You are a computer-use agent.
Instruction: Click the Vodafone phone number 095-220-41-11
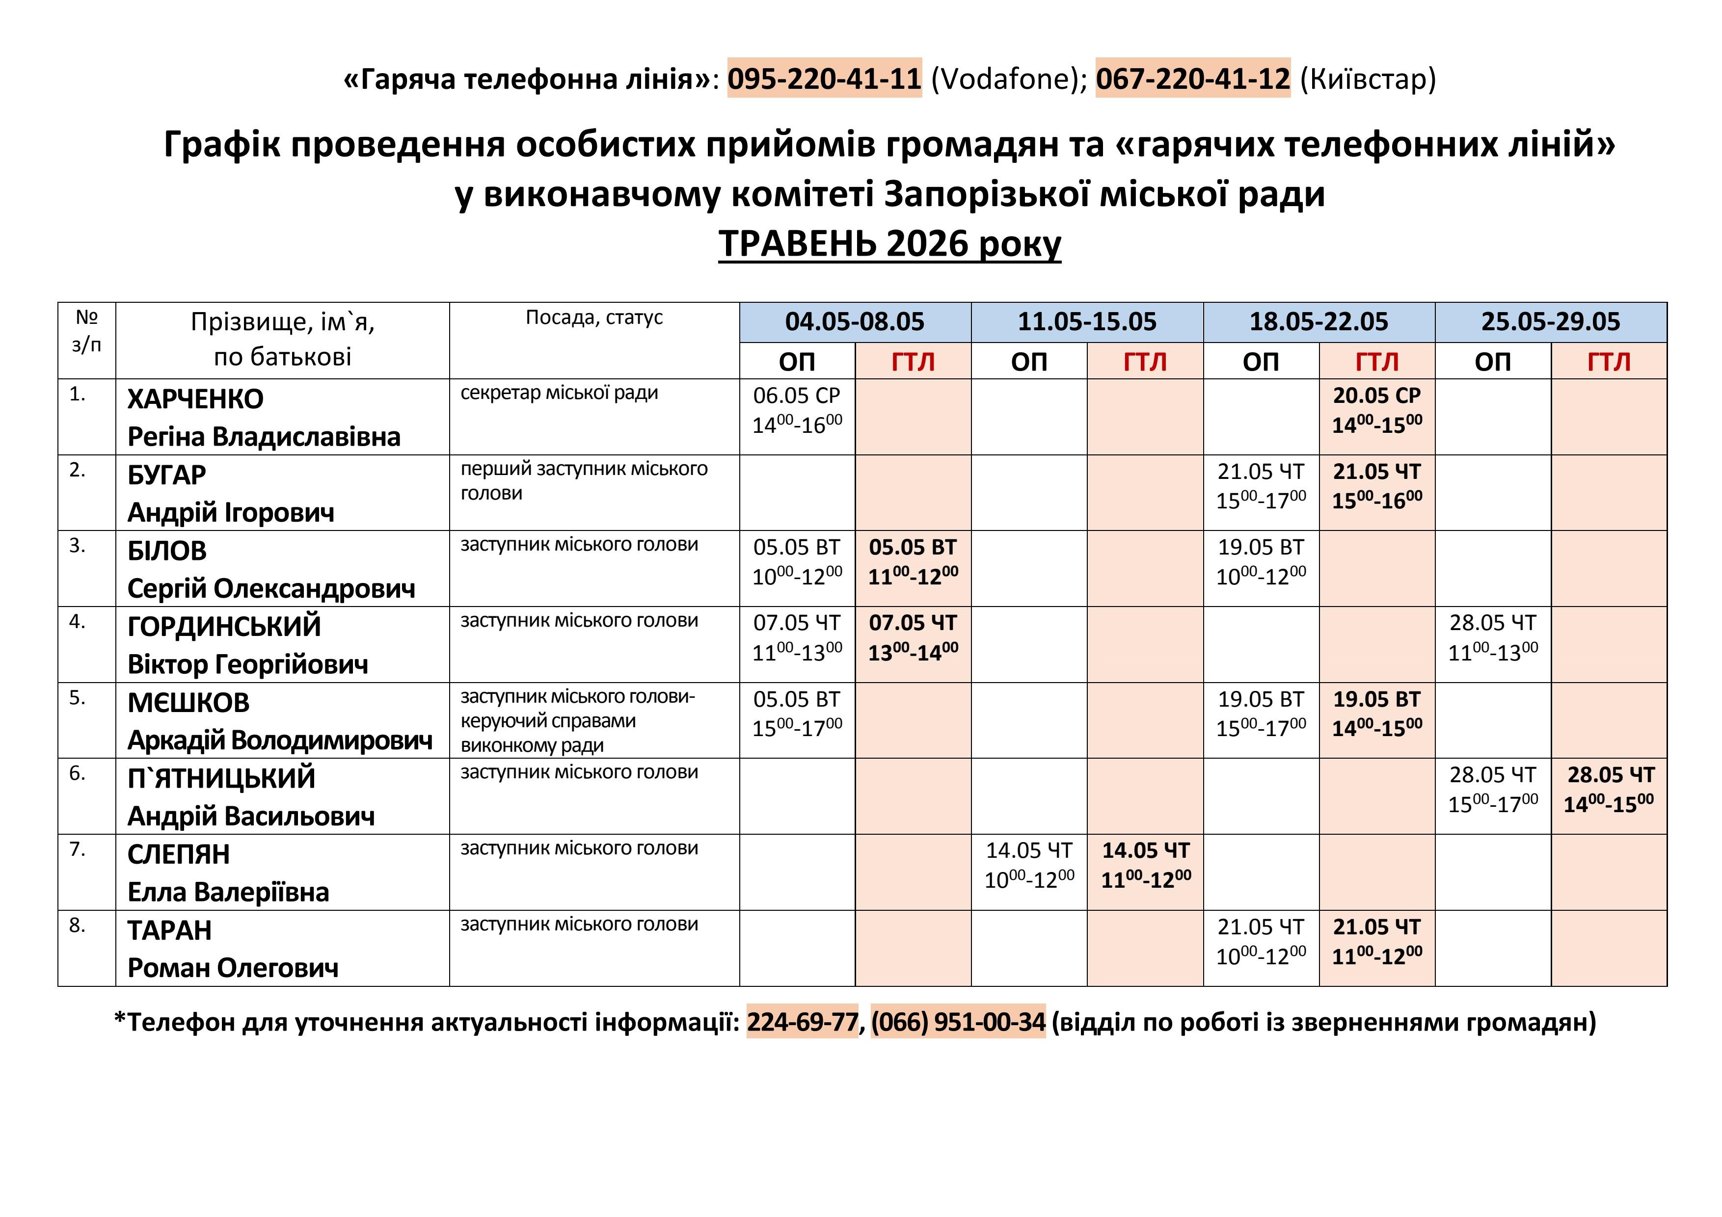(x=824, y=78)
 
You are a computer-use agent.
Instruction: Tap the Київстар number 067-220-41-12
(x=1192, y=78)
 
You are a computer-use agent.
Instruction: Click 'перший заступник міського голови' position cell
(x=584, y=480)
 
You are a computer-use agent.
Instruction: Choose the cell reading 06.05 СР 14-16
(x=797, y=410)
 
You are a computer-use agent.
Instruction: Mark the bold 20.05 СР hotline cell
(x=1376, y=410)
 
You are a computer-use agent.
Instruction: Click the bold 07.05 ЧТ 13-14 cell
(x=913, y=637)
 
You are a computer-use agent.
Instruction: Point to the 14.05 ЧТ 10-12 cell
(x=1028, y=865)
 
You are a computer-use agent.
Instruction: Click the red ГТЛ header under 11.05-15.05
(x=1145, y=362)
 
